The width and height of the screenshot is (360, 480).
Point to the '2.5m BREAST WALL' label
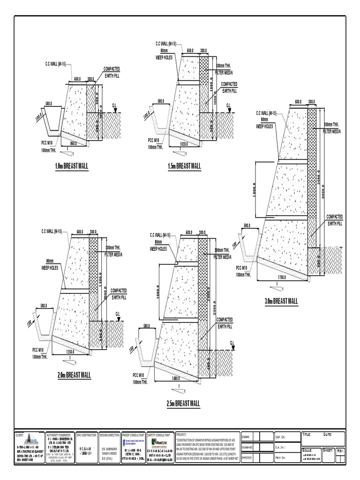tap(183, 403)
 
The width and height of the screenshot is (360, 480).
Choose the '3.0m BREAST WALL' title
tap(281, 300)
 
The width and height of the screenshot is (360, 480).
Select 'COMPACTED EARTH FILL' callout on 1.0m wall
tap(111, 73)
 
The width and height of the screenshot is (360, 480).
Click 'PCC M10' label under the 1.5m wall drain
tap(155, 140)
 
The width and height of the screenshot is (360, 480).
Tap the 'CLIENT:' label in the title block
tap(20, 435)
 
